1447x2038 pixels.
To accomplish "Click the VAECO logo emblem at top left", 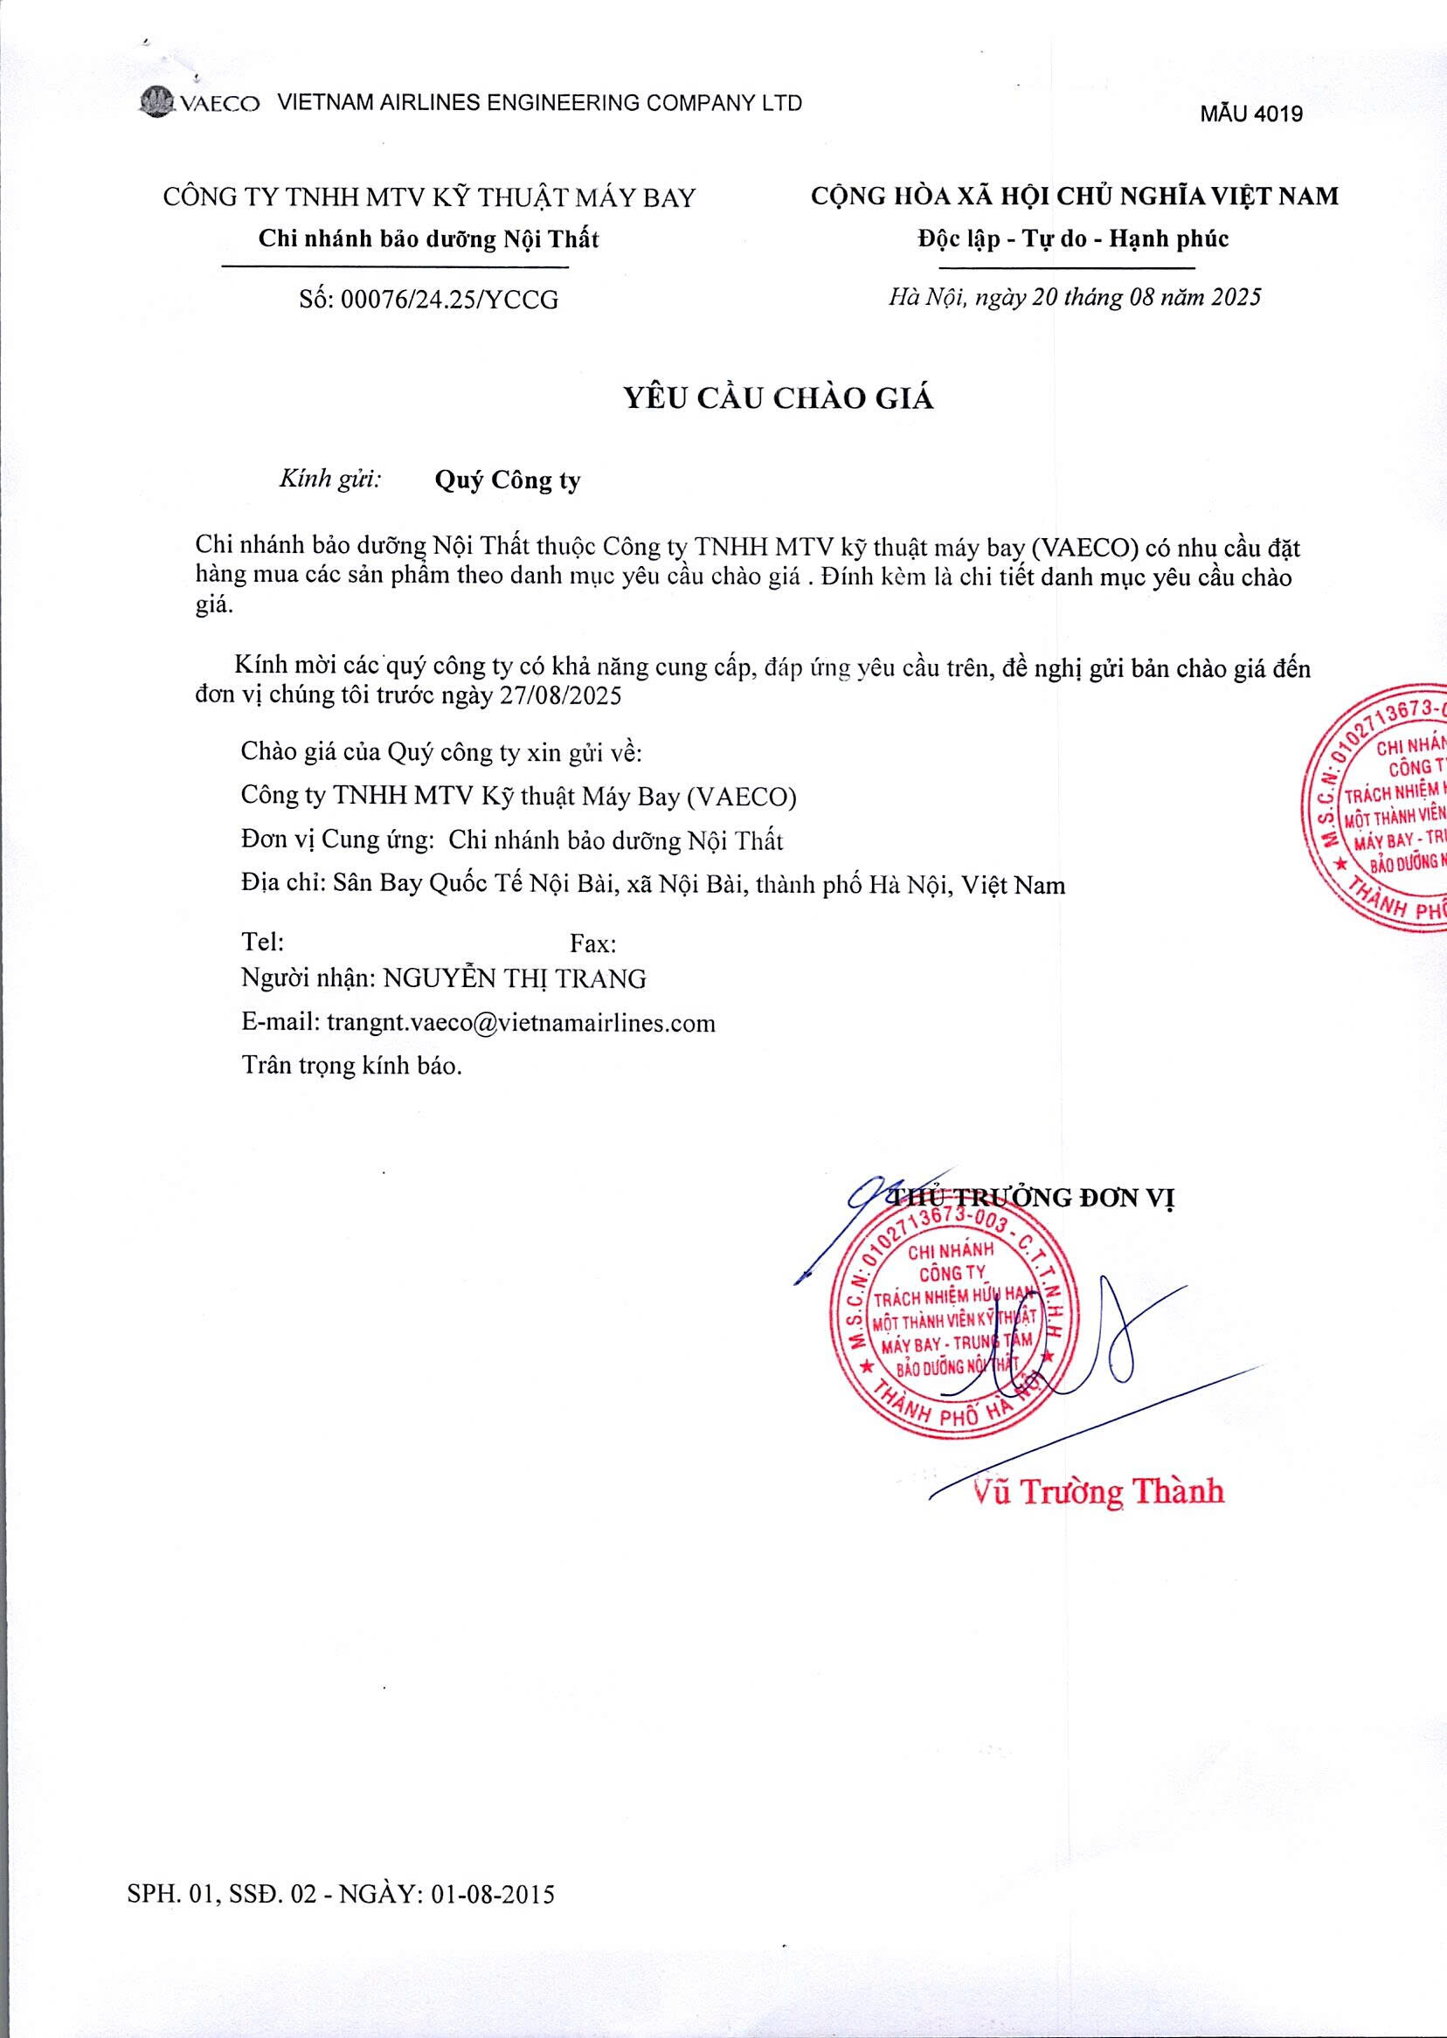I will tap(159, 102).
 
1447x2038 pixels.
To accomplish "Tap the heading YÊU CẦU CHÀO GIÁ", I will tap(778, 398).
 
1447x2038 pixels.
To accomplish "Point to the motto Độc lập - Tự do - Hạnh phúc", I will tap(1073, 238).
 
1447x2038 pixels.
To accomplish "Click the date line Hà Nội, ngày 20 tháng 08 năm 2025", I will tap(1075, 298).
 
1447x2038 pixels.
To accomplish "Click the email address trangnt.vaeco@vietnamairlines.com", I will tap(521, 1023).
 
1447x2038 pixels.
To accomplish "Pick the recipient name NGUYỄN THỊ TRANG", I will tap(514, 979).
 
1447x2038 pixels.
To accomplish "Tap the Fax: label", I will tap(592, 943).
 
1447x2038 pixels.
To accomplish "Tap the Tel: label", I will tap(263, 942).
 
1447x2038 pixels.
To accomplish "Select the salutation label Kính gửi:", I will tap(330, 480).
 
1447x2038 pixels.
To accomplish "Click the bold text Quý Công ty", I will tap(507, 481).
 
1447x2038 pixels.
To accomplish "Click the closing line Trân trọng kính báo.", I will tap(352, 1066).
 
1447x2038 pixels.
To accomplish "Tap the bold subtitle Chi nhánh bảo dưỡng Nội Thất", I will tap(428, 238).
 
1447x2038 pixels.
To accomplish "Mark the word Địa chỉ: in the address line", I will tap(282, 885).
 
